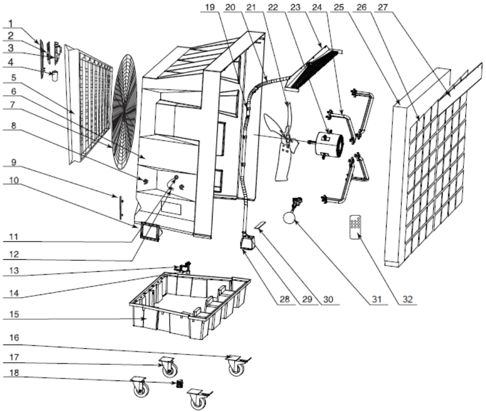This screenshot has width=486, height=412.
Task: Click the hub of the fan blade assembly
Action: click(286, 139)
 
